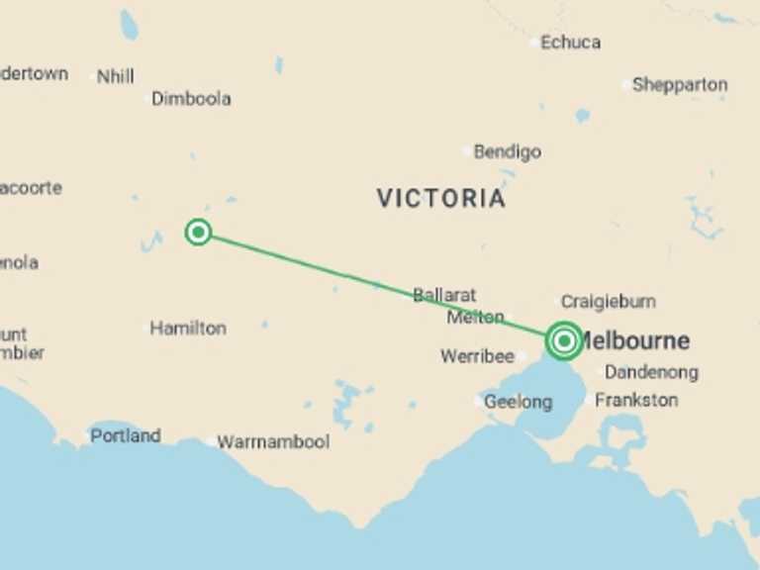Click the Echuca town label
(571, 43)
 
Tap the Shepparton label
(680, 85)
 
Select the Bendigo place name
(508, 152)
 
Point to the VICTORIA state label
(441, 198)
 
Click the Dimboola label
(191, 99)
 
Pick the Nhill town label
(116, 76)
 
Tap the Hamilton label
(188, 329)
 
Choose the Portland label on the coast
(126, 435)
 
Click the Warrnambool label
(273, 442)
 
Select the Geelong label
(519, 402)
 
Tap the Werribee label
(477, 356)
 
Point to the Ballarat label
(444, 295)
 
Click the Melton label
(475, 318)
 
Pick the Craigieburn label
(609, 302)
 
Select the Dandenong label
(651, 373)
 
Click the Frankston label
(637, 401)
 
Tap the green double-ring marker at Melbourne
(564, 341)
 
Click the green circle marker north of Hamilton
(198, 233)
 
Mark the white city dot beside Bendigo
(467, 151)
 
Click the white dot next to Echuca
(534, 43)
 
